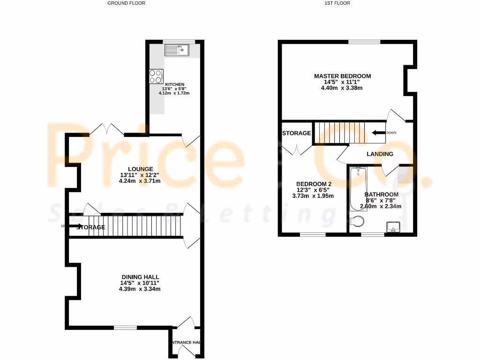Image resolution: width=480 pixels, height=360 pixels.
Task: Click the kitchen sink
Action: click(176, 49)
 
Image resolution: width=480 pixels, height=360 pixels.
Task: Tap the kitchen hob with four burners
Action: click(156, 76)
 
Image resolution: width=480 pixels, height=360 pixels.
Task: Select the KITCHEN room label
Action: click(168, 84)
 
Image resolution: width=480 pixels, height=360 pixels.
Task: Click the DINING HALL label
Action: click(140, 277)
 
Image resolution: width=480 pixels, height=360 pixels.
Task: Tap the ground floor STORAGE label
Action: click(91, 227)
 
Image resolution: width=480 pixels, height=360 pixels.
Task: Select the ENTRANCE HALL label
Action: click(186, 343)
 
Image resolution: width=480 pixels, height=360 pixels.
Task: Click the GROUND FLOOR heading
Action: click(126, 3)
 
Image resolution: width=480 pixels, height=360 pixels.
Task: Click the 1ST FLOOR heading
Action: click(337, 3)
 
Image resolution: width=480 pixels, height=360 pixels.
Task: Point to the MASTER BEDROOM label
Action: click(342, 76)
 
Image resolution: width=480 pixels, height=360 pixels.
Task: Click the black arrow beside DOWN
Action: click(377, 133)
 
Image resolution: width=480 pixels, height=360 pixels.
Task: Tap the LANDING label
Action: click(380, 154)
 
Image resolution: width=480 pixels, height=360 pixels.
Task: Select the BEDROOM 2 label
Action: click(314, 184)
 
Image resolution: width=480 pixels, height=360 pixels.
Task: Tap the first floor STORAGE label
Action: click(296, 133)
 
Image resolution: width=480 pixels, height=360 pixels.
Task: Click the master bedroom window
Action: click(364, 42)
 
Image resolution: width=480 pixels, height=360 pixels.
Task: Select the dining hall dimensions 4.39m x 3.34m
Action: click(140, 289)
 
